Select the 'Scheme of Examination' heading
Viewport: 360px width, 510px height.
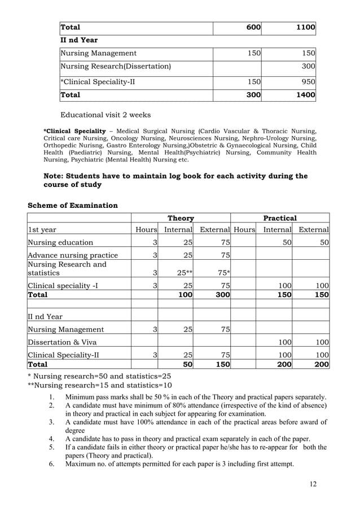tap(73, 205)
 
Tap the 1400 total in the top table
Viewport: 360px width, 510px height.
tap(304, 95)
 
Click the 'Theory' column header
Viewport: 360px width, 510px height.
tap(181, 218)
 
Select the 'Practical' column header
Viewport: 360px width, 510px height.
tap(280, 218)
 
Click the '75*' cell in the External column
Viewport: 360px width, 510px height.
tap(221, 273)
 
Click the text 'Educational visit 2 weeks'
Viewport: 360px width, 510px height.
tap(106, 115)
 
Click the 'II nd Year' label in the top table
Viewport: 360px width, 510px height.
tap(79, 40)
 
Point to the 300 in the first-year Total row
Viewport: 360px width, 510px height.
tap(221, 294)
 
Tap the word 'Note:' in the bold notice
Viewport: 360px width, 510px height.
tap(56, 176)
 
